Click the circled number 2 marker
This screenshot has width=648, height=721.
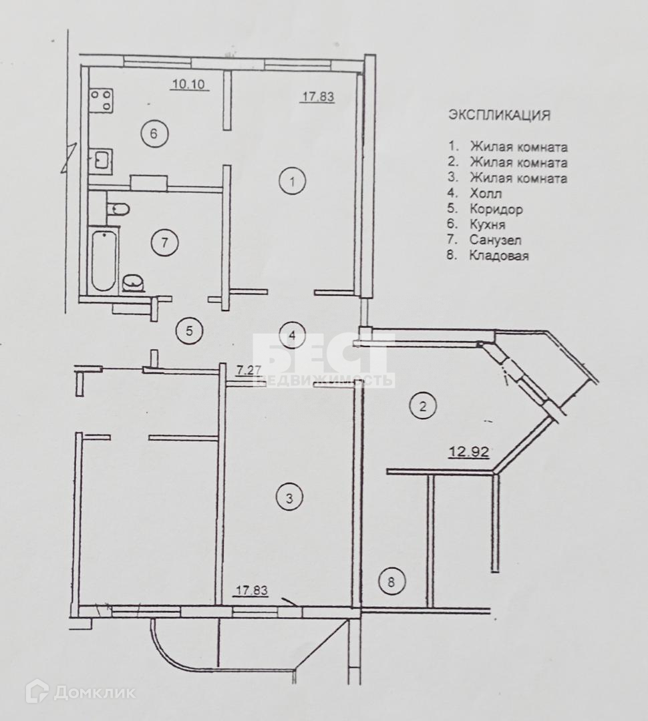point(422,405)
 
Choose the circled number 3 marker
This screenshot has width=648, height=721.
point(289,497)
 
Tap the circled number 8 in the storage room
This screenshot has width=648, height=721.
point(391,582)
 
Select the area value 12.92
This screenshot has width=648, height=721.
point(468,452)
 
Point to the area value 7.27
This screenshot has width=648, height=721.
point(249,369)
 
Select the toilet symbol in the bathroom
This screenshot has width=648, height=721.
point(118,208)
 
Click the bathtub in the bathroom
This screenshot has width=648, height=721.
point(104,260)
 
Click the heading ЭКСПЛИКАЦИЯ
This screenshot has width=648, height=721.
point(500,115)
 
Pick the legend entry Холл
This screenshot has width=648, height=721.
point(486,194)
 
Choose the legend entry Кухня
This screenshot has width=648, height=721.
point(488,224)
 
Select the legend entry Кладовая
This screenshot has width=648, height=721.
point(499,255)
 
